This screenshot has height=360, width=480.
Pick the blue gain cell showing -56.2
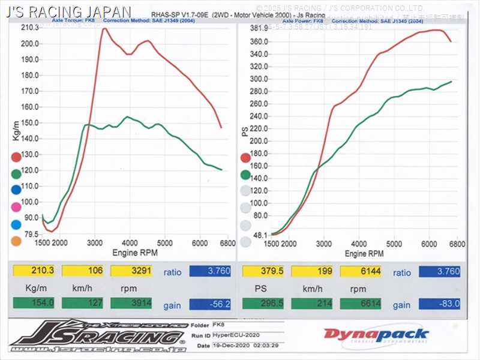(210, 304)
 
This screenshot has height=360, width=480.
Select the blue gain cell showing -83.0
(440, 304)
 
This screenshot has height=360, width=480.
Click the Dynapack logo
(376, 335)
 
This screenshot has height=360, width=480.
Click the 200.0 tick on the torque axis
(29, 44)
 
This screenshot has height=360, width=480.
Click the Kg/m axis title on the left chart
(16, 130)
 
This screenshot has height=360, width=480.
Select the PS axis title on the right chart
(245, 130)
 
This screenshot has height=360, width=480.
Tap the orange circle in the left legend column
(16, 242)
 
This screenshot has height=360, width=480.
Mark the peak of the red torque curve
(104, 28)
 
